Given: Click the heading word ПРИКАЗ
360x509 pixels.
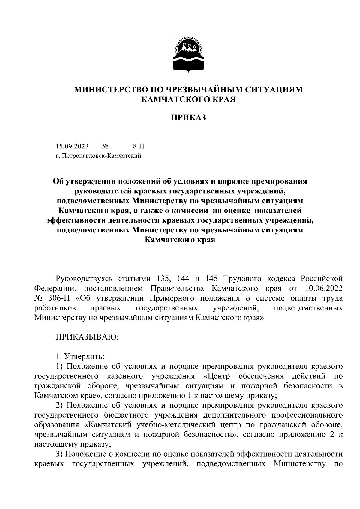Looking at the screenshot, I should (x=188, y=118).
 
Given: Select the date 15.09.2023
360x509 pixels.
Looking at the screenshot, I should (x=72, y=146).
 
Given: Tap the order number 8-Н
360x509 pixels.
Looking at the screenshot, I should (x=139, y=146).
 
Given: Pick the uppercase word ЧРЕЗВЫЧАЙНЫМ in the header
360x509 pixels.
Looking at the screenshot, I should (x=203, y=90).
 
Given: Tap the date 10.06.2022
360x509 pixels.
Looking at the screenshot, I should (x=323, y=289).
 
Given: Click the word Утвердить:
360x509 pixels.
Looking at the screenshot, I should (x=85, y=357).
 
